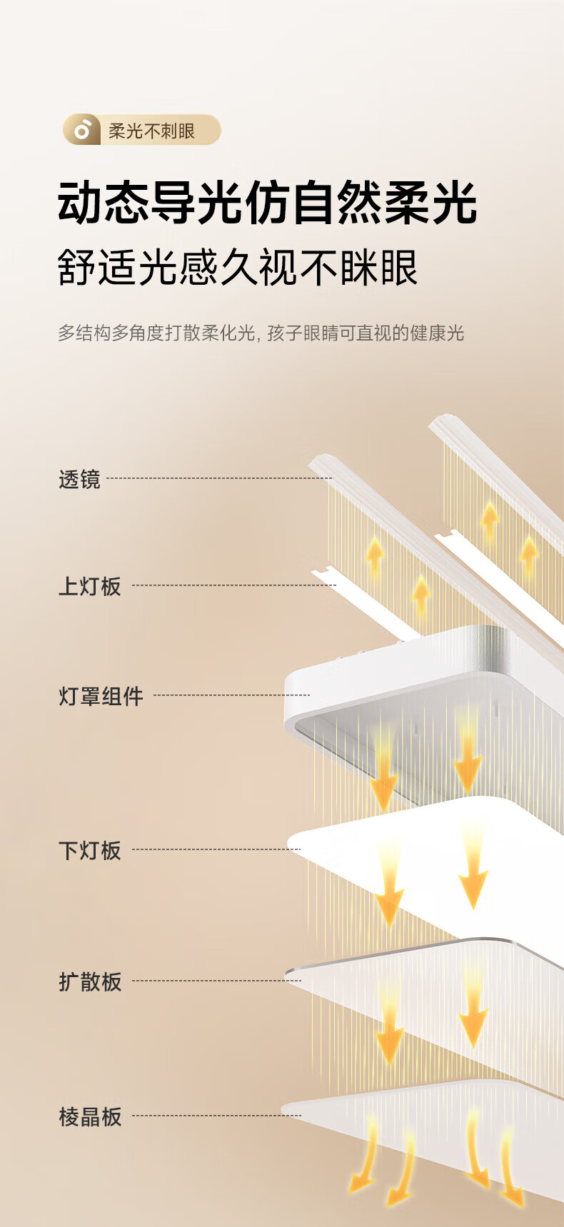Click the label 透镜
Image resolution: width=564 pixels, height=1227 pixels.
(79, 479)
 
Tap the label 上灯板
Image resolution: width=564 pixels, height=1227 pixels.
(90, 586)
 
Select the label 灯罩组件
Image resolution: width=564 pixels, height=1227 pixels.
(101, 696)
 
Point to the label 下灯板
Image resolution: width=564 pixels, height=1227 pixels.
(90, 850)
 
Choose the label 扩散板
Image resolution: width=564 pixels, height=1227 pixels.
(90, 981)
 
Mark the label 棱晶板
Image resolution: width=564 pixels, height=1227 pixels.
(90, 1116)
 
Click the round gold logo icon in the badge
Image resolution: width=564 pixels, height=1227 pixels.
(82, 130)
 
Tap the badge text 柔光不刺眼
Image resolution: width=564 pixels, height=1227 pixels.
(151, 131)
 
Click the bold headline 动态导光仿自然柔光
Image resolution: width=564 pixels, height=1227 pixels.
(267, 203)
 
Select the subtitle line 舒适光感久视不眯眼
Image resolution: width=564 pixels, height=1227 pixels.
(238, 268)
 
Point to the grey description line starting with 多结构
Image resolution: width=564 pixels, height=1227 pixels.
(261, 333)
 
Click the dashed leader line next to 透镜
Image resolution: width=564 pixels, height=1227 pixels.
(219, 478)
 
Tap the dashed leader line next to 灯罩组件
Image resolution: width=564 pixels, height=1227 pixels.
(232, 695)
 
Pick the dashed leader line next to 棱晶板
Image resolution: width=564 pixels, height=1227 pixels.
(217, 1115)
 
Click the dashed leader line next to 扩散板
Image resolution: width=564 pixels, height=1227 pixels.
(217, 980)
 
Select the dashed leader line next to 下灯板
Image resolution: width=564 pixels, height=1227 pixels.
(217, 849)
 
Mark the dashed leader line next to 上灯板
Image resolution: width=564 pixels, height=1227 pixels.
(234, 585)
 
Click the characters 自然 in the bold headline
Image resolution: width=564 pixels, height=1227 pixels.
(338, 203)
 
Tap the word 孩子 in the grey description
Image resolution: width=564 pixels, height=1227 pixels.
(285, 333)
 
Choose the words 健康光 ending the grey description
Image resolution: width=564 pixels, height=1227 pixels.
(438, 333)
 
